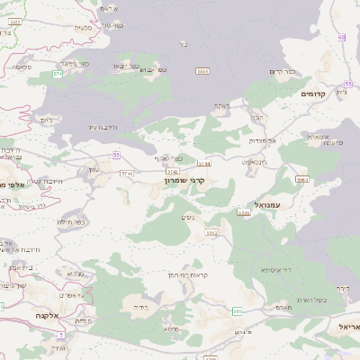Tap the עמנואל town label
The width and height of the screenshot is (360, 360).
(x=269, y=205)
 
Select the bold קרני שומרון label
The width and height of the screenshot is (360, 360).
(x=185, y=180)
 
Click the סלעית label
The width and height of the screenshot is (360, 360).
(x=82, y=28)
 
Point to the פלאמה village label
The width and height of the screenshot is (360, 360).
(x=22, y=67)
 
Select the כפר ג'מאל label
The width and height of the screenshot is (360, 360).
(x=74, y=64)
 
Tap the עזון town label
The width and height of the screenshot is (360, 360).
(x=94, y=169)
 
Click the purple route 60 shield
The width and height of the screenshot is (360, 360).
(x=342, y=37)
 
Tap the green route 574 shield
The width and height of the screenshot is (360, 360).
(x=58, y=74)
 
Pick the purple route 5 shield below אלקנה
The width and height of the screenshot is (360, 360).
(x=60, y=336)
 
